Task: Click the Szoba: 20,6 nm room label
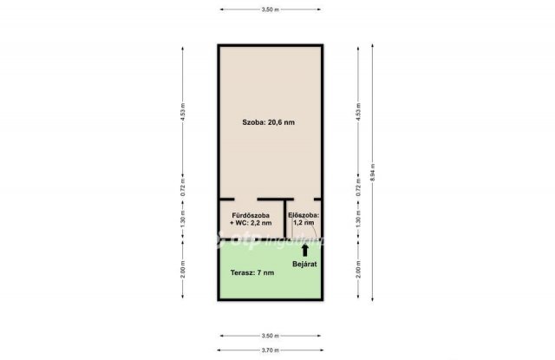pos(269,122)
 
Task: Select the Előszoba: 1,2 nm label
pos(304,219)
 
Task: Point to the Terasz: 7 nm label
pos(252,272)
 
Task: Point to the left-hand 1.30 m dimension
pos(184,220)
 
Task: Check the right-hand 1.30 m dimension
pos(357,220)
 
